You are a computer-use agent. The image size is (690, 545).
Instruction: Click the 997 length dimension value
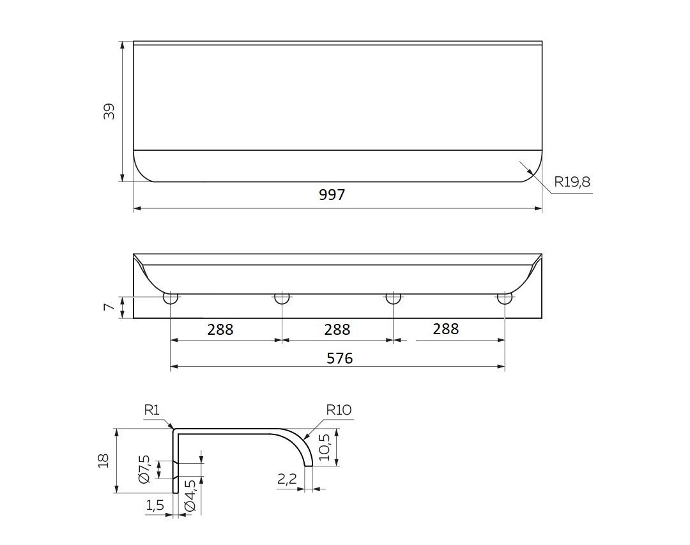332,195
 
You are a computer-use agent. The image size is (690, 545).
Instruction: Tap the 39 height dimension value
109,111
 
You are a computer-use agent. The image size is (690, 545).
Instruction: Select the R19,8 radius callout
572,182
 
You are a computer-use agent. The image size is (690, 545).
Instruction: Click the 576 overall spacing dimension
340,358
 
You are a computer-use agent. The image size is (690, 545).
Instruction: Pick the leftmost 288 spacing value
220,329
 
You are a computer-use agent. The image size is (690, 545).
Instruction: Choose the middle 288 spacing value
337,329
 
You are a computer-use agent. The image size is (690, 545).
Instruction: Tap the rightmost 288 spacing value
446,329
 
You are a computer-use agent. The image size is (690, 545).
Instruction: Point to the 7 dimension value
109,307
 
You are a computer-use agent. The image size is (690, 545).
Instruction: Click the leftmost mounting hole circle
171,298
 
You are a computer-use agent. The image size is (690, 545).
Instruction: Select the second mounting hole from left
282,298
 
